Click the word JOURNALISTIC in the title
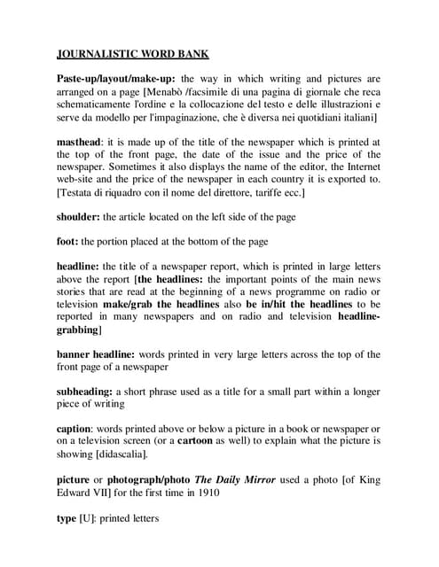(104, 52)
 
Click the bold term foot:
(67, 241)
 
